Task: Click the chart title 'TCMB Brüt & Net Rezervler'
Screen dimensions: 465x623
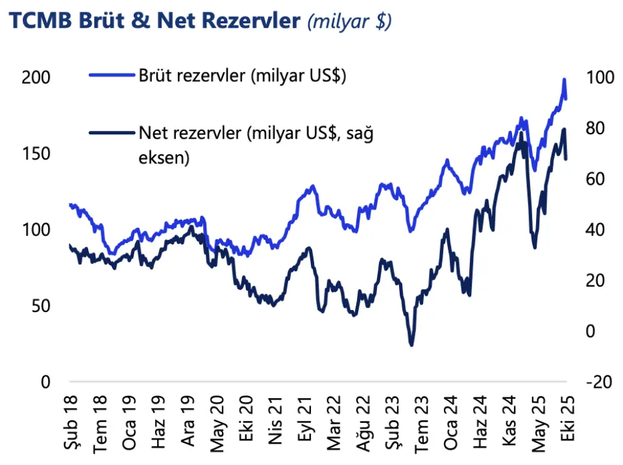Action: click(x=155, y=21)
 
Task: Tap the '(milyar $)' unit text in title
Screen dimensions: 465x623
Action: click(x=349, y=22)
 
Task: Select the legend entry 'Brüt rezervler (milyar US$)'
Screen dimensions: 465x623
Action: click(x=242, y=75)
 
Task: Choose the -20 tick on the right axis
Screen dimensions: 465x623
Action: click(x=597, y=382)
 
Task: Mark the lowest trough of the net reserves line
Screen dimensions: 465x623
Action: click(x=411, y=344)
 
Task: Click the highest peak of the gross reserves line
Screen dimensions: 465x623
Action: click(x=564, y=80)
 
